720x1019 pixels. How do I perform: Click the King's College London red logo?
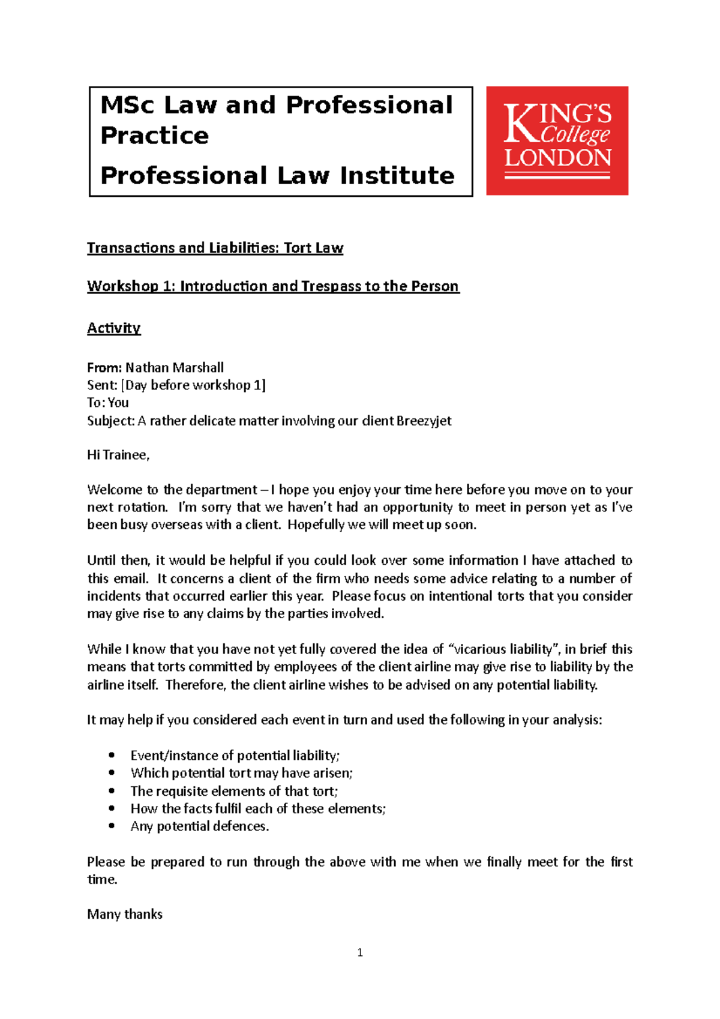(x=557, y=141)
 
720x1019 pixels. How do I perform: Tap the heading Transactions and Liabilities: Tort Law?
(x=215, y=248)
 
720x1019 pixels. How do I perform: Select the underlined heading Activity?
(x=113, y=328)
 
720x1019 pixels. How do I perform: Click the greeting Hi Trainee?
(x=118, y=455)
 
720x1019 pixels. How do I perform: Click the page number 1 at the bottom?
(x=360, y=952)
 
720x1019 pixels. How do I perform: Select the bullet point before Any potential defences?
(x=112, y=826)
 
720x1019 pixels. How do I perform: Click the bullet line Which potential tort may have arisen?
(x=241, y=773)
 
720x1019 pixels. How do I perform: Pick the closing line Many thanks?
(x=125, y=914)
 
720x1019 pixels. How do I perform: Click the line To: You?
(x=108, y=403)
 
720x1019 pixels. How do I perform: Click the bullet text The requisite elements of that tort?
(x=234, y=791)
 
